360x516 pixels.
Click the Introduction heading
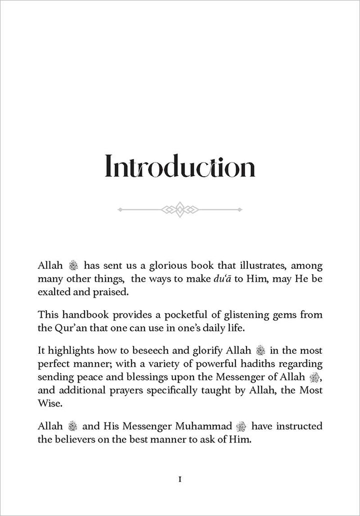click(x=180, y=166)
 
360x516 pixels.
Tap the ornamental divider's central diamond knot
click(x=180, y=209)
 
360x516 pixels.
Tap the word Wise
click(x=48, y=403)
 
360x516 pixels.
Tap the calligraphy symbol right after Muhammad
click(x=241, y=426)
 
